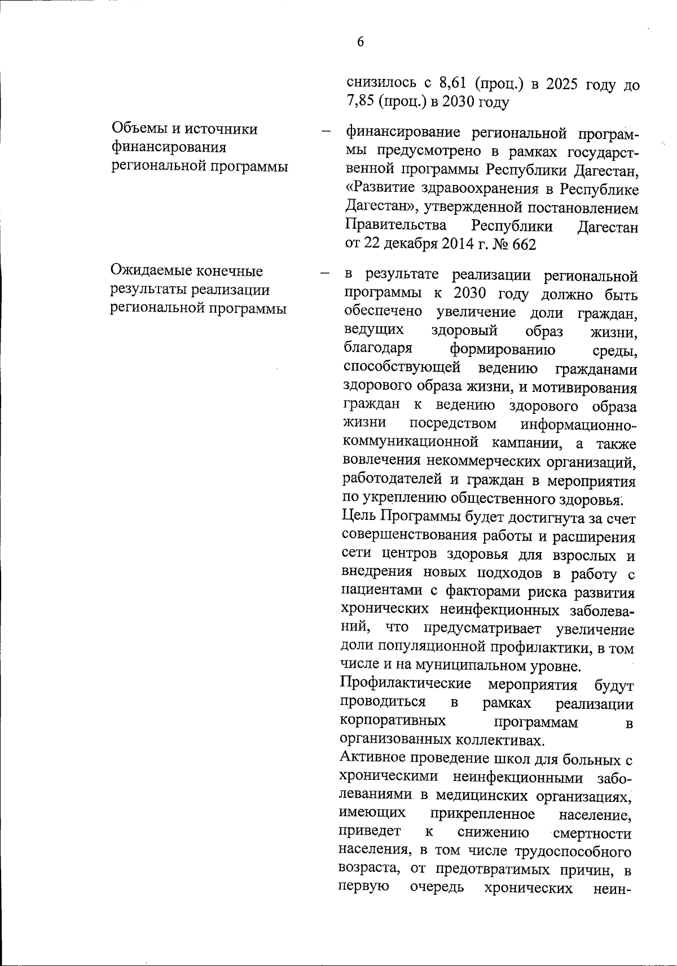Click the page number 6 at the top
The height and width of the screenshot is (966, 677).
click(x=360, y=42)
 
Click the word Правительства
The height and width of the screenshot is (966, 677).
click(x=395, y=226)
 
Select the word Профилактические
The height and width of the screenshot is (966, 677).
click(x=406, y=684)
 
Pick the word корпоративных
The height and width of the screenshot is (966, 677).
click(x=393, y=721)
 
